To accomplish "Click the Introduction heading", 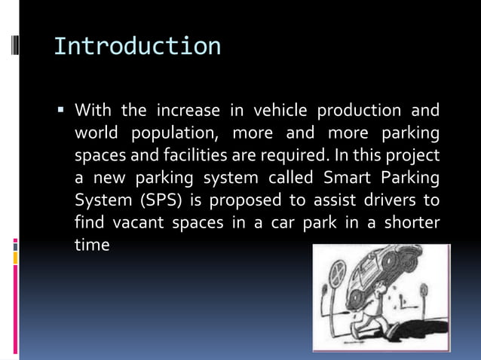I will [x=137, y=46].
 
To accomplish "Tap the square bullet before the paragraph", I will [x=61, y=111].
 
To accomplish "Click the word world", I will [x=96, y=134].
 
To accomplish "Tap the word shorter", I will [x=412, y=224].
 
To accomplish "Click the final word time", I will [x=92, y=246].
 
